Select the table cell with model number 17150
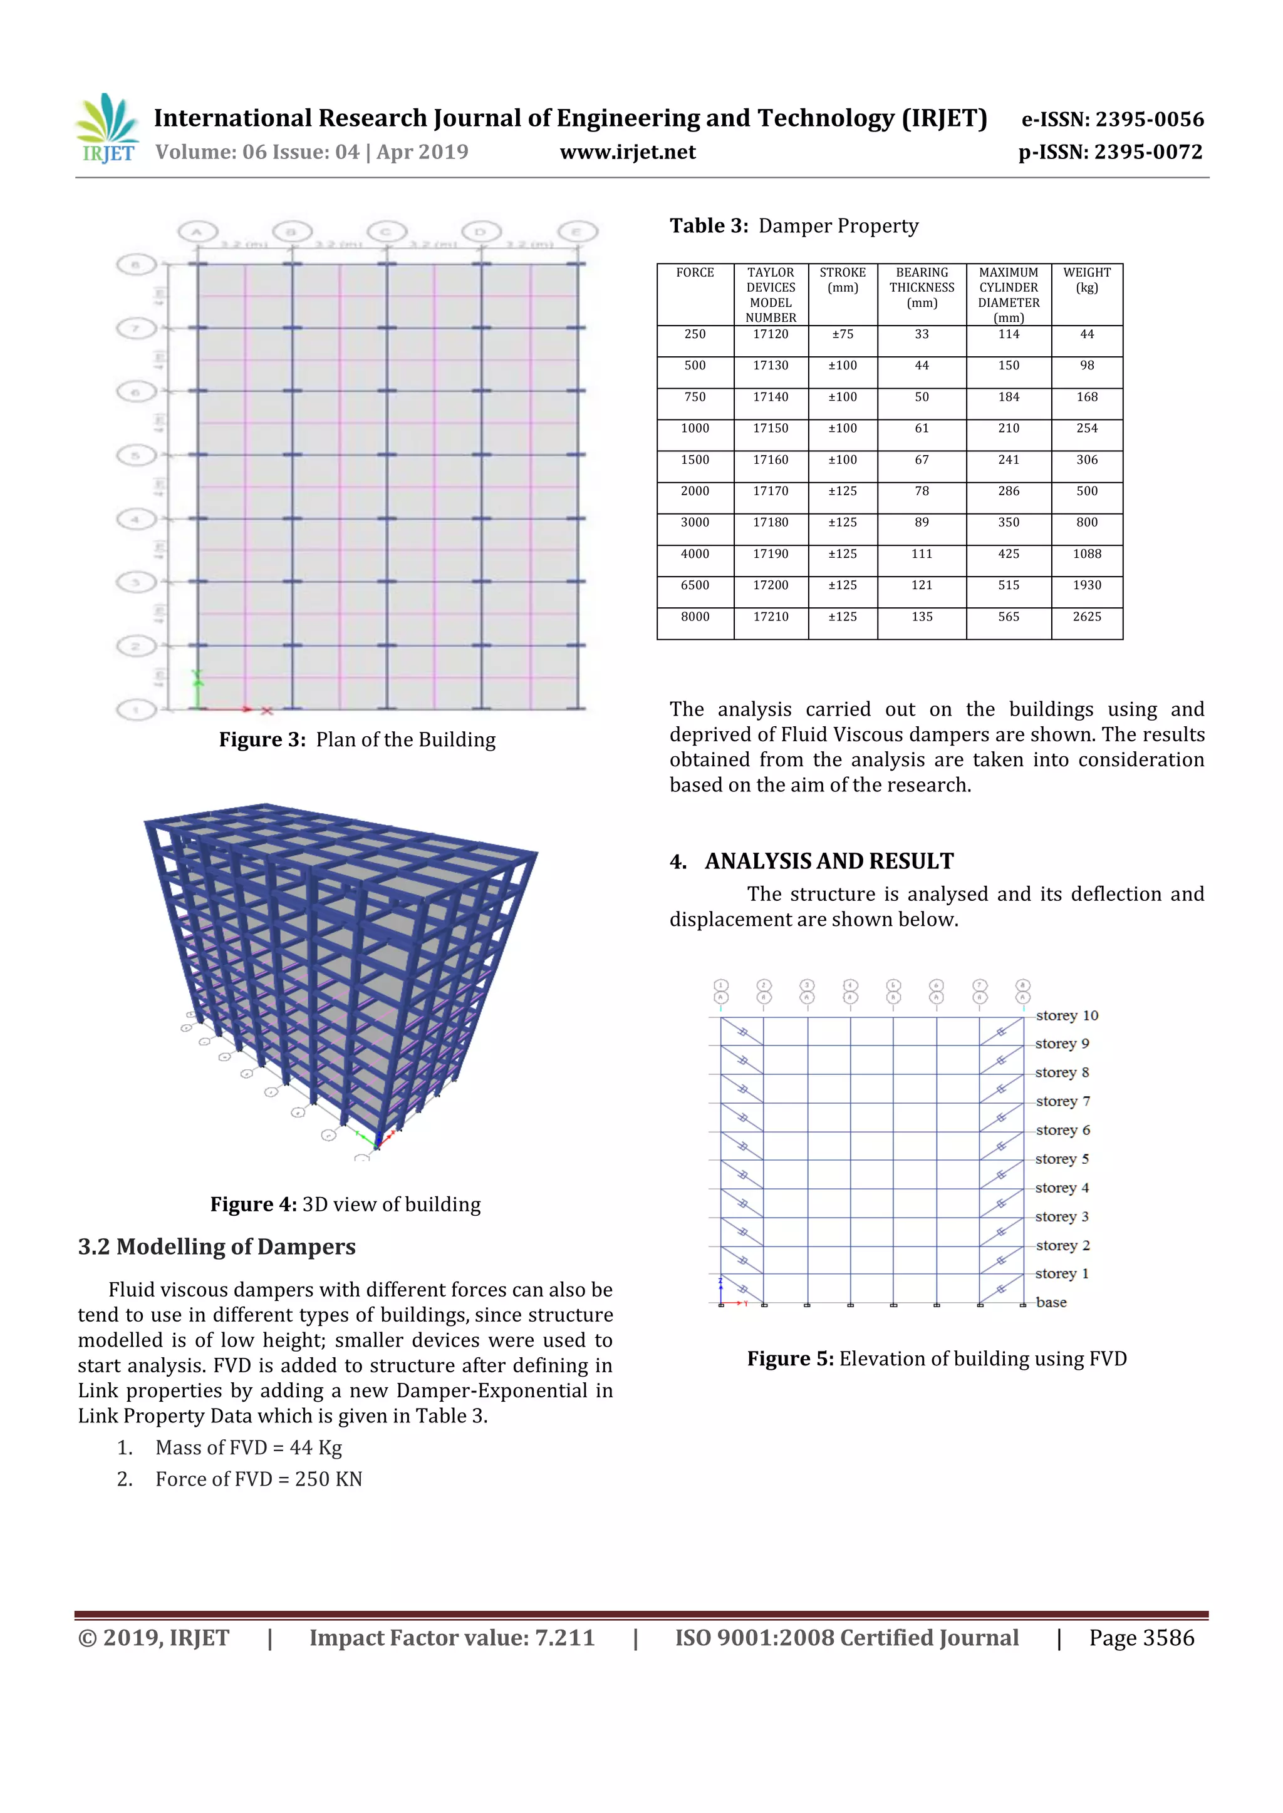point(771,429)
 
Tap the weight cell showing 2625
point(1086,617)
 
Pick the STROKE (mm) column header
point(842,280)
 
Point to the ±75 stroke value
point(842,335)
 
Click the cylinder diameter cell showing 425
point(1008,554)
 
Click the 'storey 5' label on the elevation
point(1062,1159)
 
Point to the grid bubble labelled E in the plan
point(578,232)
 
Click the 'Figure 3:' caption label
point(261,740)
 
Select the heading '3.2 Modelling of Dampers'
point(217,1247)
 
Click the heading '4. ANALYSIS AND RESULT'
point(812,861)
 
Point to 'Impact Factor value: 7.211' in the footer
point(451,1638)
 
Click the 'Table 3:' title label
point(709,227)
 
